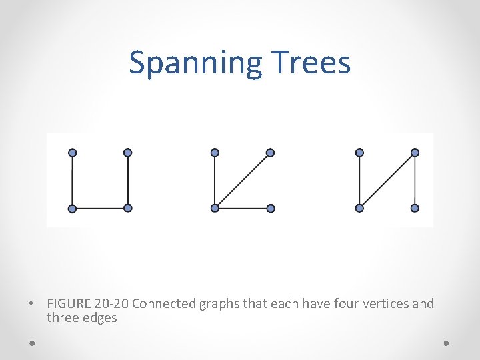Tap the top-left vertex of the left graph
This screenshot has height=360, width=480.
[73, 153]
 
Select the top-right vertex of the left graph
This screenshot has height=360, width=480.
[128, 153]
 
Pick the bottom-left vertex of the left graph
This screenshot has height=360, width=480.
[73, 208]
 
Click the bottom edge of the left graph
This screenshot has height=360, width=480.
[100, 208]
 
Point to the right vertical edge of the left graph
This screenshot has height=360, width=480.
[128, 180]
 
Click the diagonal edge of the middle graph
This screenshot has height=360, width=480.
[243, 180]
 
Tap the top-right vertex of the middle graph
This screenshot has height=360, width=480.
[270, 153]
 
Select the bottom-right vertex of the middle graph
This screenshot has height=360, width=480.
[270, 208]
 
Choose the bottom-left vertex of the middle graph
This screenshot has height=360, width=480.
[215, 208]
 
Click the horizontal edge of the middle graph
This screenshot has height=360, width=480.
[243, 208]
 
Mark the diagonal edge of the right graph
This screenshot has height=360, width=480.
[387, 180]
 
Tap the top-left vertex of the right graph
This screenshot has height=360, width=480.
[360, 153]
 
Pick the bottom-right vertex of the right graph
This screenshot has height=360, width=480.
[415, 208]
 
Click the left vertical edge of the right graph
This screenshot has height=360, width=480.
[360, 180]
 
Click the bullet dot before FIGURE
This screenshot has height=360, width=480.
[31, 305]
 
